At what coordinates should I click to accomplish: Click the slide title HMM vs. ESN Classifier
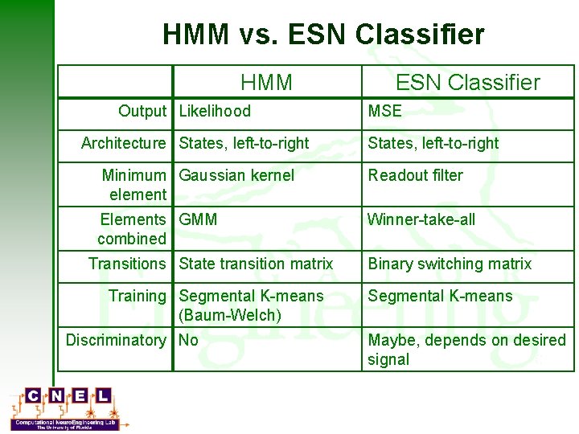click(323, 35)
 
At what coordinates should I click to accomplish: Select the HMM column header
click(266, 82)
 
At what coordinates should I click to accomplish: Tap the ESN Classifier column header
click(467, 82)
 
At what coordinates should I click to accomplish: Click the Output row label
click(142, 111)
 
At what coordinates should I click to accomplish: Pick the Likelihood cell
click(215, 111)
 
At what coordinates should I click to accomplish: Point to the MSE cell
click(384, 111)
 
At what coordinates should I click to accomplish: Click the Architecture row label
click(123, 143)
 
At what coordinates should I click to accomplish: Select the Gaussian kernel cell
click(236, 175)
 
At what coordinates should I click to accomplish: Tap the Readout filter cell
click(415, 175)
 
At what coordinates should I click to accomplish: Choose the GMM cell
click(198, 219)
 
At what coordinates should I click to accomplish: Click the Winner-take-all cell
click(421, 219)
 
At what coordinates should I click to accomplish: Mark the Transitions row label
click(127, 264)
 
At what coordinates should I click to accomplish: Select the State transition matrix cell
click(256, 264)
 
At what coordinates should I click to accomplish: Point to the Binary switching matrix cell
click(450, 264)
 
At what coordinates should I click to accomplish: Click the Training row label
click(138, 296)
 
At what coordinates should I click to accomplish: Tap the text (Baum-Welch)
click(230, 315)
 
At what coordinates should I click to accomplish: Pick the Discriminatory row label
click(116, 340)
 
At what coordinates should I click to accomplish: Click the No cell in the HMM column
click(188, 340)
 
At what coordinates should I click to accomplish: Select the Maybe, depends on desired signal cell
click(466, 350)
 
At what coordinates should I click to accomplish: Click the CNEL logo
click(69, 408)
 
